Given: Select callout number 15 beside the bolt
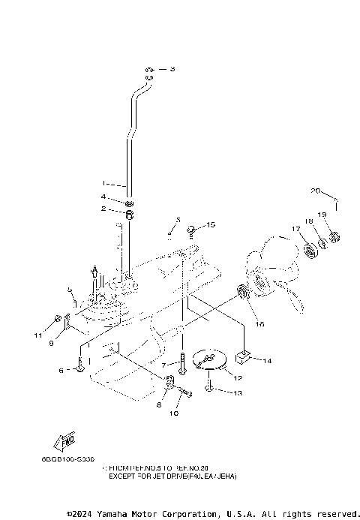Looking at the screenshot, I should click(211, 224).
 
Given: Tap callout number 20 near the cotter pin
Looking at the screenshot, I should click(316, 190).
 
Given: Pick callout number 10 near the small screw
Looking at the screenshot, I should click(176, 413).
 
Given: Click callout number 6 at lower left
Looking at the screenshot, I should click(61, 370).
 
